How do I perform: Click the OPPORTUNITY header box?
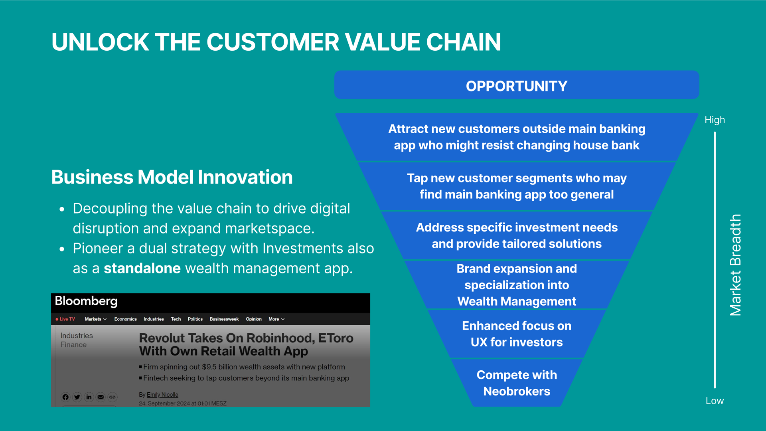pyautogui.click(x=517, y=85)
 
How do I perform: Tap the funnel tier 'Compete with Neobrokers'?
pyautogui.click(x=517, y=383)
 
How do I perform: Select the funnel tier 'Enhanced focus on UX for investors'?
pyautogui.click(x=517, y=334)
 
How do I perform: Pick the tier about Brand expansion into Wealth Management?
pyautogui.click(x=517, y=285)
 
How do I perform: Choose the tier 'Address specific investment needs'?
pyautogui.click(x=517, y=235)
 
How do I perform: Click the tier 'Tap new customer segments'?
pyautogui.click(x=517, y=186)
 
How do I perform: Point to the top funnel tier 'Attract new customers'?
pyautogui.click(x=517, y=137)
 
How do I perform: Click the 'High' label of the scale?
pyautogui.click(x=715, y=120)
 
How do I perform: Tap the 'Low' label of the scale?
pyautogui.click(x=715, y=401)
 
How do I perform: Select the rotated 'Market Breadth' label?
pyautogui.click(x=735, y=265)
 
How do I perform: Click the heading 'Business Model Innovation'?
pyautogui.click(x=172, y=177)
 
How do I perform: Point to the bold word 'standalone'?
pyautogui.click(x=142, y=268)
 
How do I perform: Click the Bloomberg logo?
pyautogui.click(x=86, y=301)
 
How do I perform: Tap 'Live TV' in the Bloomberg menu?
pyautogui.click(x=65, y=319)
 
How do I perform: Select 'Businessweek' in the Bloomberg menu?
pyautogui.click(x=224, y=319)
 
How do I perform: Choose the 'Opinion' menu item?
pyautogui.click(x=254, y=319)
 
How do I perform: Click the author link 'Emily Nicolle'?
pyautogui.click(x=162, y=395)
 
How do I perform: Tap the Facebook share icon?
pyautogui.click(x=65, y=397)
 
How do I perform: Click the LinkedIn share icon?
pyautogui.click(x=89, y=397)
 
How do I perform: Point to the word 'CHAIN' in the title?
pyautogui.click(x=464, y=42)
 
